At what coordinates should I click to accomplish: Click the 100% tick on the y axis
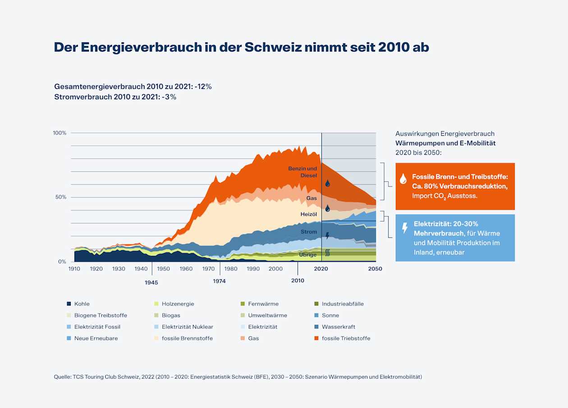point(60,133)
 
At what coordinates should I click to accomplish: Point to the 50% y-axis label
point(61,197)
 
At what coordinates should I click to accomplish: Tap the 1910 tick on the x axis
point(74,269)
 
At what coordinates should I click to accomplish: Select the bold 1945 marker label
point(151,283)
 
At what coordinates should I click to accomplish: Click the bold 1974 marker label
point(220,281)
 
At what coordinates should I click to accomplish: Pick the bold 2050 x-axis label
point(375,269)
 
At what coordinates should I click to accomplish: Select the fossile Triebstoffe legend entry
point(346,338)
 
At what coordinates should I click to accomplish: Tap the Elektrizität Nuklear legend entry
point(187,327)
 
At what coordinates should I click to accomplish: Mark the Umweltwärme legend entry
point(267,315)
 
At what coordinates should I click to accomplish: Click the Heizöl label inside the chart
point(309,214)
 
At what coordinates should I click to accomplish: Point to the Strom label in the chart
point(309,232)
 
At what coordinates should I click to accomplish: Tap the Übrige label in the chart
point(308,255)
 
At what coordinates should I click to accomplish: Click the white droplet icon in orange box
point(403,179)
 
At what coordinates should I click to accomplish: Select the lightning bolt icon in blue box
point(405,227)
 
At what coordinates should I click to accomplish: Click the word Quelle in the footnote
point(62,377)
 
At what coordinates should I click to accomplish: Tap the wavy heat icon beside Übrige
point(328,254)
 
